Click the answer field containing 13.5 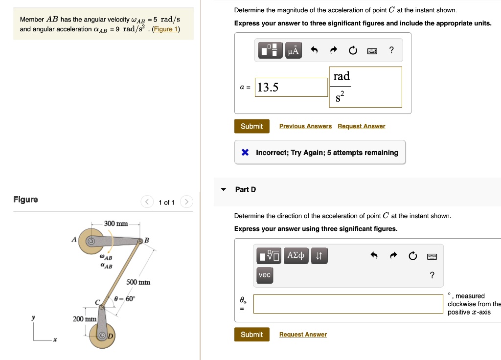point(291,88)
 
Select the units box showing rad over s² point(365,87)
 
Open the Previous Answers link point(305,126)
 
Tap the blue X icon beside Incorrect point(246,153)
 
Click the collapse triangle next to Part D point(224,190)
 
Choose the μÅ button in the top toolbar point(293,50)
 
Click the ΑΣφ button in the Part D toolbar point(296,255)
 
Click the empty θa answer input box point(348,304)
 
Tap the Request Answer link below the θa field point(303,335)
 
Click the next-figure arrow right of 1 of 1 point(187,202)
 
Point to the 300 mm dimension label point(116,224)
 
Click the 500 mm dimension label point(138,282)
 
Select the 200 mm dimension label point(85,319)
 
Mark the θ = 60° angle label point(124,299)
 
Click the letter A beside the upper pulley point(74,240)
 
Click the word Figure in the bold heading point(25,200)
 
